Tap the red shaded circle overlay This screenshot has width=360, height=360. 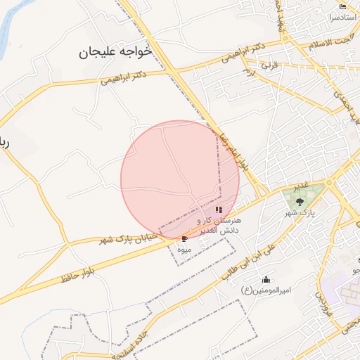(x=179, y=179)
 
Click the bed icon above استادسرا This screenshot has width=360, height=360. (x=342, y=6)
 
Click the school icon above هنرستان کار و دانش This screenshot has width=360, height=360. (x=219, y=210)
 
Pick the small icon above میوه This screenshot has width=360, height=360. (x=184, y=240)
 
